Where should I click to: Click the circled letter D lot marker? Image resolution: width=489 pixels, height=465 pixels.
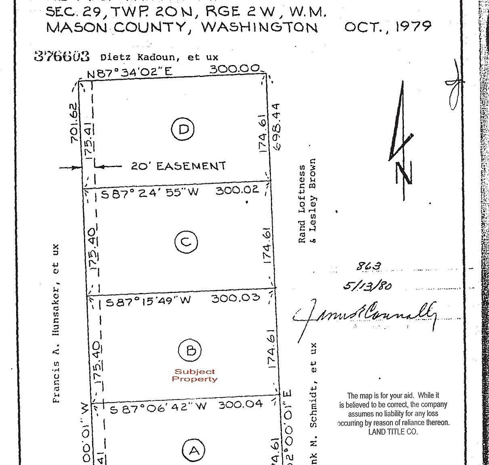(183, 129)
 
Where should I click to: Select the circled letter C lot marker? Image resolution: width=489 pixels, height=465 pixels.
(186, 242)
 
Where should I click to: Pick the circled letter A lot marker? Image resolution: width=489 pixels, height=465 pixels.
(194, 450)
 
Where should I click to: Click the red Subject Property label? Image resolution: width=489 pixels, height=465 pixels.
(194, 375)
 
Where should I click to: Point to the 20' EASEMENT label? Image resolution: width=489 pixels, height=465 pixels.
(178, 166)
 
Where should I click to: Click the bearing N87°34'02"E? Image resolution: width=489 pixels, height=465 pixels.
(130, 73)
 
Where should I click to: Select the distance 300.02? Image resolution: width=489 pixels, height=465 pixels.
(237, 190)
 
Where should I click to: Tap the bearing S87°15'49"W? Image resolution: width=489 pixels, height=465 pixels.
(148, 301)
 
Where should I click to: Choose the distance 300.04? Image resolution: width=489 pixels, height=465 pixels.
(241, 404)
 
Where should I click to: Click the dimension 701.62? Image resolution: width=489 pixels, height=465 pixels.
(73, 123)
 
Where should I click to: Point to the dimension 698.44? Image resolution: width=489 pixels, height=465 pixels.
(276, 127)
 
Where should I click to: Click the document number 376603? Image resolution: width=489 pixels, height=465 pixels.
(62, 56)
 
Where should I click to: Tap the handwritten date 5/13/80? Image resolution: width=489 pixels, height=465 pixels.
(367, 285)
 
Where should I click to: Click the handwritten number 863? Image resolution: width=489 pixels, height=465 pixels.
(368, 266)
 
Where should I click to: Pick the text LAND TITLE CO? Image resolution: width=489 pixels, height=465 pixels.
(393, 432)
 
